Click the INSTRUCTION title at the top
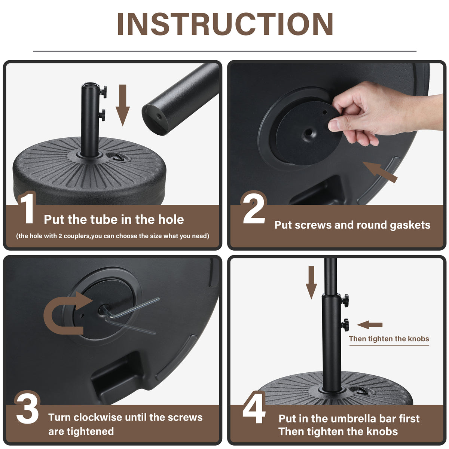coord(225,24)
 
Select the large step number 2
coord(254,208)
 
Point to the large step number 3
coord(27,411)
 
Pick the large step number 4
coord(254,411)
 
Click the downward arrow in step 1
coord(123,105)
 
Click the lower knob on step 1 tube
coord(102,115)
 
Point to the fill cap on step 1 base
coord(118,157)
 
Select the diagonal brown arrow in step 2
coord(380,172)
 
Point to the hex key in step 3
coord(131,315)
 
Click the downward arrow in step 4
coord(311,282)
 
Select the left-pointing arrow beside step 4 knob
coord(370,324)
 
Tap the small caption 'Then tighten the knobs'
coord(389,339)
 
